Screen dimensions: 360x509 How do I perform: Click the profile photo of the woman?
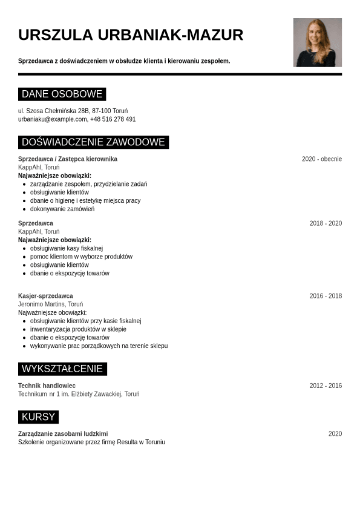click(x=317, y=42)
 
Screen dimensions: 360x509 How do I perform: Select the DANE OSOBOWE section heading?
click(x=62, y=94)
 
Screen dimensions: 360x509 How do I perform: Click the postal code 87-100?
click(x=101, y=111)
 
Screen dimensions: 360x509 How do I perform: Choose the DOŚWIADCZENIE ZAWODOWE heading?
click(x=93, y=142)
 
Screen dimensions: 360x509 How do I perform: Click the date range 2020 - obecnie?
click(x=321, y=159)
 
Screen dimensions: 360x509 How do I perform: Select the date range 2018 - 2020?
click(x=326, y=223)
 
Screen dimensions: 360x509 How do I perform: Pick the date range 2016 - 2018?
click(x=326, y=296)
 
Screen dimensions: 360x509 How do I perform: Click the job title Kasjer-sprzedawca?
click(x=45, y=296)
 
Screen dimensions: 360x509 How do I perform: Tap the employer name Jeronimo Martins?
click(x=41, y=304)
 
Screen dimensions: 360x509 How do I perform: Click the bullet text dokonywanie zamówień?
click(x=62, y=209)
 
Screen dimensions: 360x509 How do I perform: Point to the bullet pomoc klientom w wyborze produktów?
click(x=81, y=257)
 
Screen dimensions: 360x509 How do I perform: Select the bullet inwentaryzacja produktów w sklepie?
click(x=78, y=329)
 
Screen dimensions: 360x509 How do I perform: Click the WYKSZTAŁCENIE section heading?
click(x=62, y=369)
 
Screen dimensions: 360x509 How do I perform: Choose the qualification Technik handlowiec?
click(x=47, y=386)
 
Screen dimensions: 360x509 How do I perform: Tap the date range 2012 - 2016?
click(x=326, y=386)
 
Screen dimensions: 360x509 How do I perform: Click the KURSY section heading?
click(x=38, y=417)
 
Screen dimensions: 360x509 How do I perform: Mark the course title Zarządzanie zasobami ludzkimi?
click(x=63, y=434)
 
